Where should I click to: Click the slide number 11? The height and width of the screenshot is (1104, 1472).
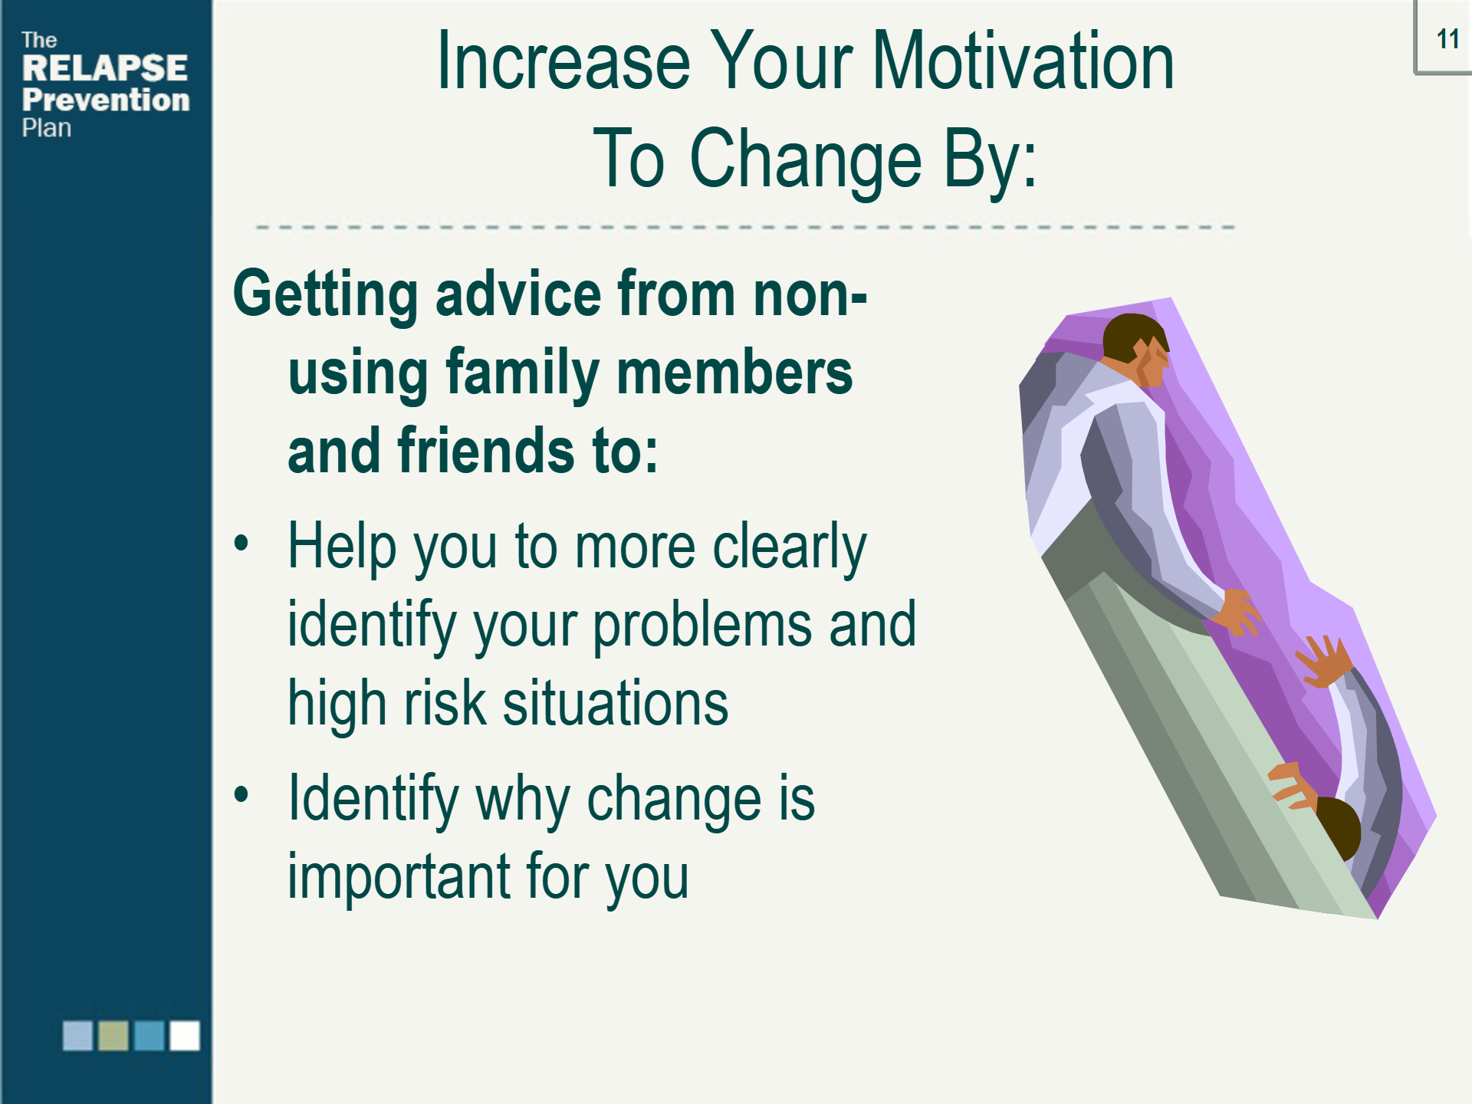click(x=1447, y=39)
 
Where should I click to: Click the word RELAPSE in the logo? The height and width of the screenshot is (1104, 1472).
click(x=105, y=68)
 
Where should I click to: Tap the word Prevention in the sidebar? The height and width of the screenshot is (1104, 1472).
click(x=106, y=100)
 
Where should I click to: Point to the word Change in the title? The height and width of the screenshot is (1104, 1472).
click(x=806, y=158)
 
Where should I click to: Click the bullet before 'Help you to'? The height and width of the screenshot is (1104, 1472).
click(x=242, y=543)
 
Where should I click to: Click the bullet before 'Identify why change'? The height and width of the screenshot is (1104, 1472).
click(x=242, y=794)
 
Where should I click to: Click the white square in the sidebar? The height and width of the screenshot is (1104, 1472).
click(x=185, y=1035)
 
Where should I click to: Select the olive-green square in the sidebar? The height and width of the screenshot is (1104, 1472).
click(x=113, y=1035)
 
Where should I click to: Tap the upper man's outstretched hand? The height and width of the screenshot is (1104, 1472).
click(x=1239, y=610)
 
